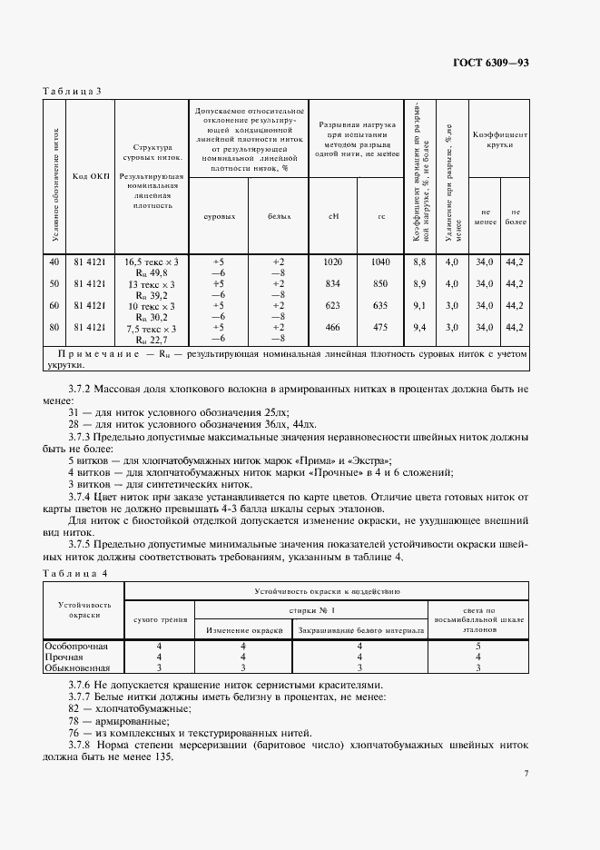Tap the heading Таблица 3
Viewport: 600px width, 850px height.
coord(73,90)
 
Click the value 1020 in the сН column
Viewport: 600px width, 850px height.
coord(332,262)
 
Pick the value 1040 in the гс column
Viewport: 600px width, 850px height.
coord(381,262)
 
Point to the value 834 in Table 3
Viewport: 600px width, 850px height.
coord(332,283)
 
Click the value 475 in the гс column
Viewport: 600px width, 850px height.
coord(381,327)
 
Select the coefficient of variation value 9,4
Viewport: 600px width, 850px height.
coord(419,327)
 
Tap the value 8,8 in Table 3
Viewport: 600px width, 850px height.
coord(419,262)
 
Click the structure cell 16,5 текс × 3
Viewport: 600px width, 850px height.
coord(152,262)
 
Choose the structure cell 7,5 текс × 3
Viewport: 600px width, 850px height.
coord(152,327)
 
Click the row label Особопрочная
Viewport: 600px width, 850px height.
coord(77,646)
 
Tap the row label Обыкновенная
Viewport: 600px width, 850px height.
coord(77,667)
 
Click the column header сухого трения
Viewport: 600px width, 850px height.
coord(160,619)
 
